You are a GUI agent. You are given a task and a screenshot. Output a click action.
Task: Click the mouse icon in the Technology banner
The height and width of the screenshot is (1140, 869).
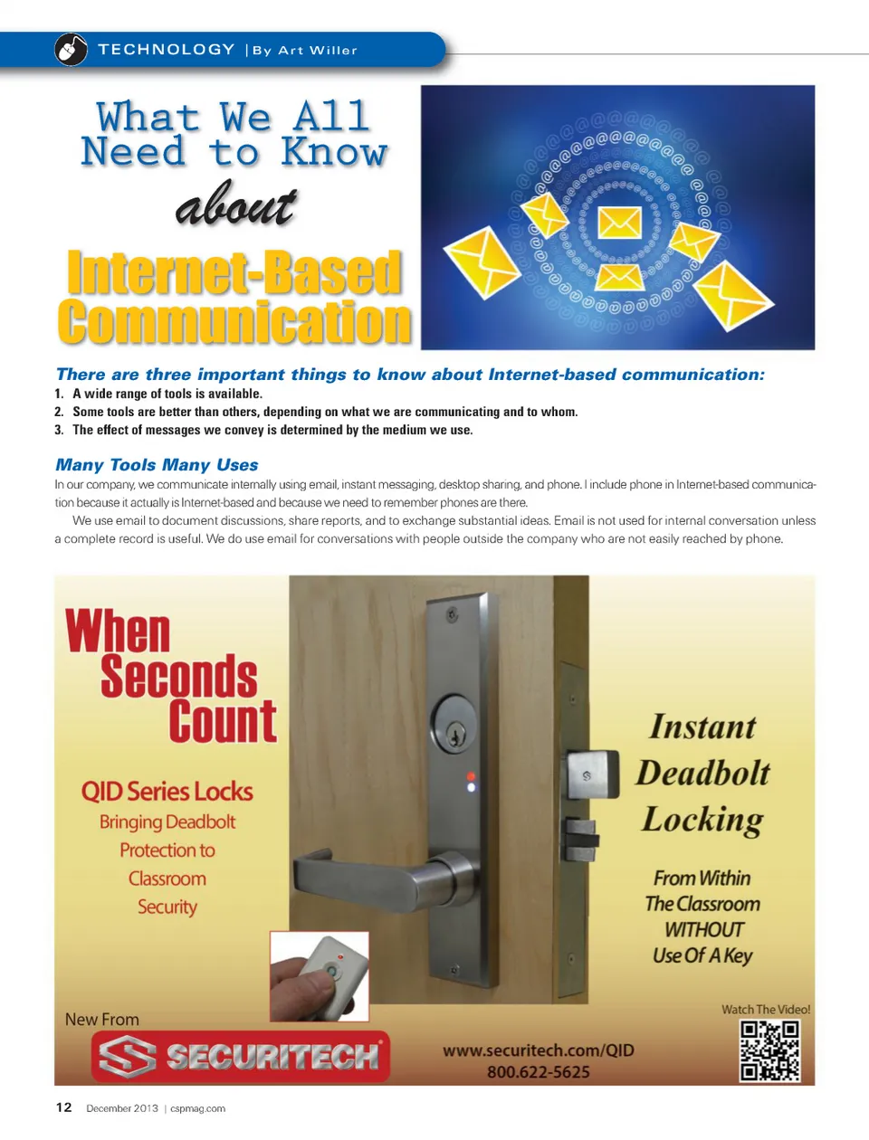point(71,49)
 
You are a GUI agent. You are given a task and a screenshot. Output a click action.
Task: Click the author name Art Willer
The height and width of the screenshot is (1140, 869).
point(317,51)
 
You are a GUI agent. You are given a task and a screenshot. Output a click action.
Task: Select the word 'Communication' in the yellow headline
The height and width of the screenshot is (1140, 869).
point(234,323)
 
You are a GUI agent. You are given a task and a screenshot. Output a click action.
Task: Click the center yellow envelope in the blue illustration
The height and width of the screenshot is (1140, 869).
point(620,222)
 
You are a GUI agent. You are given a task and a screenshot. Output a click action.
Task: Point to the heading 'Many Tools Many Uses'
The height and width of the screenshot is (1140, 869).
point(157,465)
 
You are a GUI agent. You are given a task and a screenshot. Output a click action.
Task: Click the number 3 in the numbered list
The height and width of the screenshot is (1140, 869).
point(59,431)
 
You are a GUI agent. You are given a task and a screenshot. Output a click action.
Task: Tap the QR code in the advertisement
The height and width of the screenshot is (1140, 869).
point(769,1050)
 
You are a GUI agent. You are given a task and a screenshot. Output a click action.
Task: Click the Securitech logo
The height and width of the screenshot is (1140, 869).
point(240,1057)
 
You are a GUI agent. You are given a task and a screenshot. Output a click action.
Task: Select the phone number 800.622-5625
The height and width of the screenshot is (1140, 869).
point(538,1072)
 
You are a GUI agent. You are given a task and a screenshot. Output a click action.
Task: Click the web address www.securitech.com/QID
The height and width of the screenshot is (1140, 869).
point(538,1050)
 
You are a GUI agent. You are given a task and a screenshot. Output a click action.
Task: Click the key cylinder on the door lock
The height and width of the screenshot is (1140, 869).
point(454,725)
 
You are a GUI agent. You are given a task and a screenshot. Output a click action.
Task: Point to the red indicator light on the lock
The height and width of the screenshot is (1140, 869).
point(471,776)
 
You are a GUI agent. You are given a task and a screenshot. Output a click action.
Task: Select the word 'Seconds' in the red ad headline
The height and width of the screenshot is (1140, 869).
point(178,677)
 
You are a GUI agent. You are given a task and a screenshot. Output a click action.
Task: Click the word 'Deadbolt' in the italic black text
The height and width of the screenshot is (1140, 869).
point(702,774)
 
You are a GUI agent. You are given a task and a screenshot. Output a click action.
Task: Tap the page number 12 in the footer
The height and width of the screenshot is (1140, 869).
point(63,1107)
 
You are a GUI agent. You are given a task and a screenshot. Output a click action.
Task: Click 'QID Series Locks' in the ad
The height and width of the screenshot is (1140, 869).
point(167,792)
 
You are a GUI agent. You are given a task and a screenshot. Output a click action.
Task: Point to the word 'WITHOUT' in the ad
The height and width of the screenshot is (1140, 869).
point(703,930)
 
